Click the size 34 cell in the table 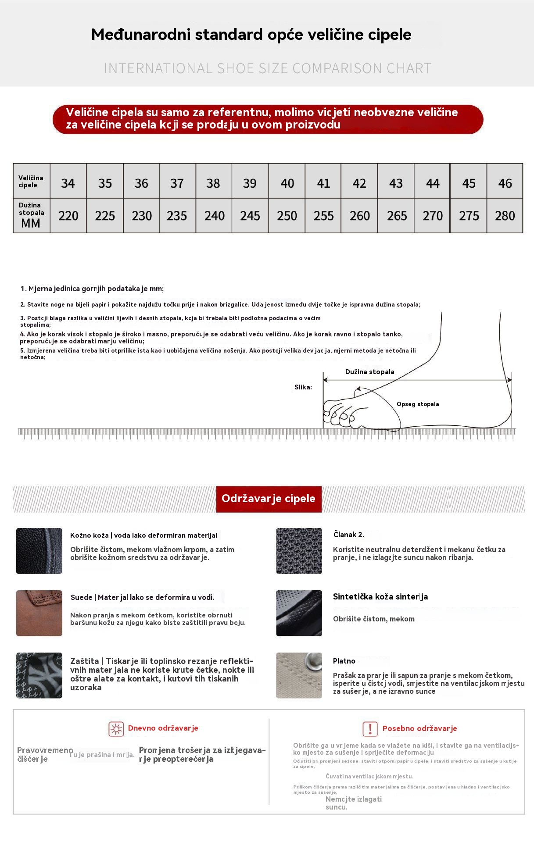click(x=68, y=183)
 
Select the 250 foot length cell click(x=287, y=216)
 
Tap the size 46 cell click(x=505, y=183)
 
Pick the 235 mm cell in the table click(x=177, y=216)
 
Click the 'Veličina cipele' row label click(x=31, y=182)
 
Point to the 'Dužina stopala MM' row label click(x=31, y=215)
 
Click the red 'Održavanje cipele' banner click(x=269, y=499)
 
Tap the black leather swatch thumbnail click(x=39, y=551)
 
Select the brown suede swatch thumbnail click(x=39, y=613)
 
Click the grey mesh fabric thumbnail click(x=299, y=551)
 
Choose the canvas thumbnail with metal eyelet click(x=299, y=675)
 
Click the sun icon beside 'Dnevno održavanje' click(x=116, y=729)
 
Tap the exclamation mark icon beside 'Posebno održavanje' click(x=370, y=729)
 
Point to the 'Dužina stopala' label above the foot click(x=369, y=372)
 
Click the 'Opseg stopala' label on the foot click(x=418, y=404)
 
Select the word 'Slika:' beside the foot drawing click(x=303, y=387)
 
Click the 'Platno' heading click(x=344, y=661)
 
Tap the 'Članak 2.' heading click(x=348, y=535)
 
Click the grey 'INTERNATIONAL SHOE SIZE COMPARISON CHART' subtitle click(x=268, y=68)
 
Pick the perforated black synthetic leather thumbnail click(x=299, y=613)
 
